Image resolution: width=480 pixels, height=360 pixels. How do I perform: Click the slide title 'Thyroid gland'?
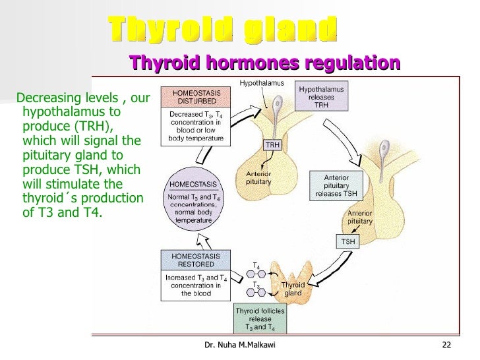pos(223,29)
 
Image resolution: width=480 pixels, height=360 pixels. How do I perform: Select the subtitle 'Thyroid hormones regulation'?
pos(264,63)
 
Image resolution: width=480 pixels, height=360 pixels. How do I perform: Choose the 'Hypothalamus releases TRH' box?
pos(321,98)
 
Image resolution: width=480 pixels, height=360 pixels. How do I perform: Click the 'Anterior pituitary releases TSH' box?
pos(336,185)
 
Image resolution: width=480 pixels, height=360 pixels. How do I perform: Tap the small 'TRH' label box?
pos(272,145)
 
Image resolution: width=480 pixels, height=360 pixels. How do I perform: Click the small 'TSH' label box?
pos(347,242)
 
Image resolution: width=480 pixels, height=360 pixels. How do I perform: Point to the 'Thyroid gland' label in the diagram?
pos(293,289)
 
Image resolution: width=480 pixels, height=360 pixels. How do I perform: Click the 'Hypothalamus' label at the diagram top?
pos(261,83)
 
